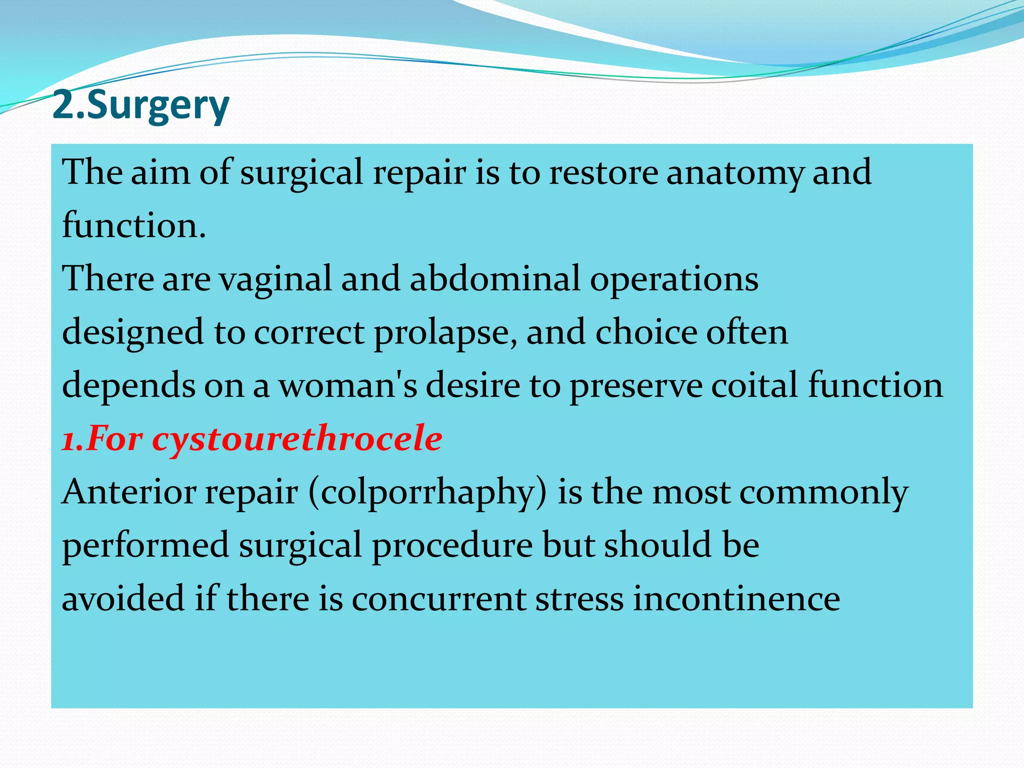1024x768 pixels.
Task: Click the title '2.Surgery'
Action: point(140,106)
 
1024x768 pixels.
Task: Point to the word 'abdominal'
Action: point(494,278)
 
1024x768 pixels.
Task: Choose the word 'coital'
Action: point(754,385)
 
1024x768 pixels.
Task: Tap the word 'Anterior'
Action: point(129,492)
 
